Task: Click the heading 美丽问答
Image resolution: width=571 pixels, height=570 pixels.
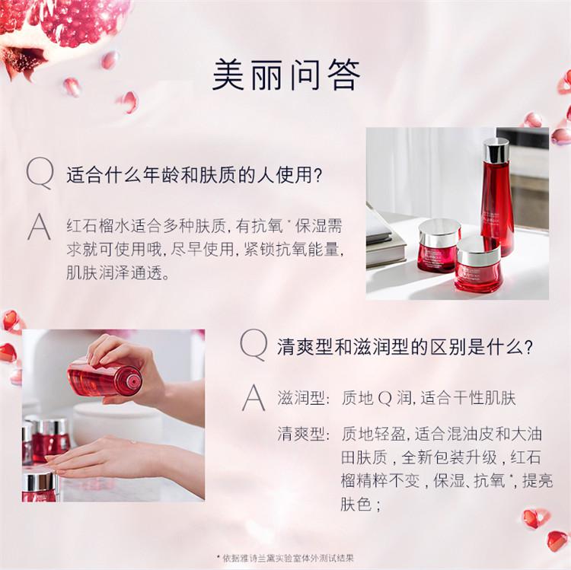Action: pyautogui.click(x=285, y=75)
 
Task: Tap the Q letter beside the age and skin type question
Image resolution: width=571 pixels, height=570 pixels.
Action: pyautogui.click(x=40, y=174)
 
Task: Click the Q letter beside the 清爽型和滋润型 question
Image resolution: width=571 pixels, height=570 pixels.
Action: pyautogui.click(x=254, y=345)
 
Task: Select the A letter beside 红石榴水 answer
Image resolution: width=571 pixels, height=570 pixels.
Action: pyautogui.click(x=40, y=227)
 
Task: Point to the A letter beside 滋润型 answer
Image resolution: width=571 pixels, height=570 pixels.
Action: pyautogui.click(x=254, y=398)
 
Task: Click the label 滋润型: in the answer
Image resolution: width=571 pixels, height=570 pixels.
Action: pyautogui.click(x=303, y=398)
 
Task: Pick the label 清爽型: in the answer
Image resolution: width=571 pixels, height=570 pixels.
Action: pyautogui.click(x=303, y=434)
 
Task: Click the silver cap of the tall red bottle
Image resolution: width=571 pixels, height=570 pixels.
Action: pyautogui.click(x=496, y=151)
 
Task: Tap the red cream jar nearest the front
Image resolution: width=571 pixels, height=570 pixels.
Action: pyautogui.click(x=478, y=264)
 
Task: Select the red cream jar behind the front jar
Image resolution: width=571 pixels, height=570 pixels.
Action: pyautogui.click(x=439, y=245)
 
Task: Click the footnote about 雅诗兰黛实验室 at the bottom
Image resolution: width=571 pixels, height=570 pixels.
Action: pyautogui.click(x=285, y=558)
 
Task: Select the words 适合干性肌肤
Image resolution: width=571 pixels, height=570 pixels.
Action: pyautogui.click(x=468, y=398)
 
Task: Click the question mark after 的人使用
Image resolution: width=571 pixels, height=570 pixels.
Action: pyautogui.click(x=317, y=175)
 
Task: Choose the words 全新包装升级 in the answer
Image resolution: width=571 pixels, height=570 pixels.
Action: pyautogui.click(x=449, y=457)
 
